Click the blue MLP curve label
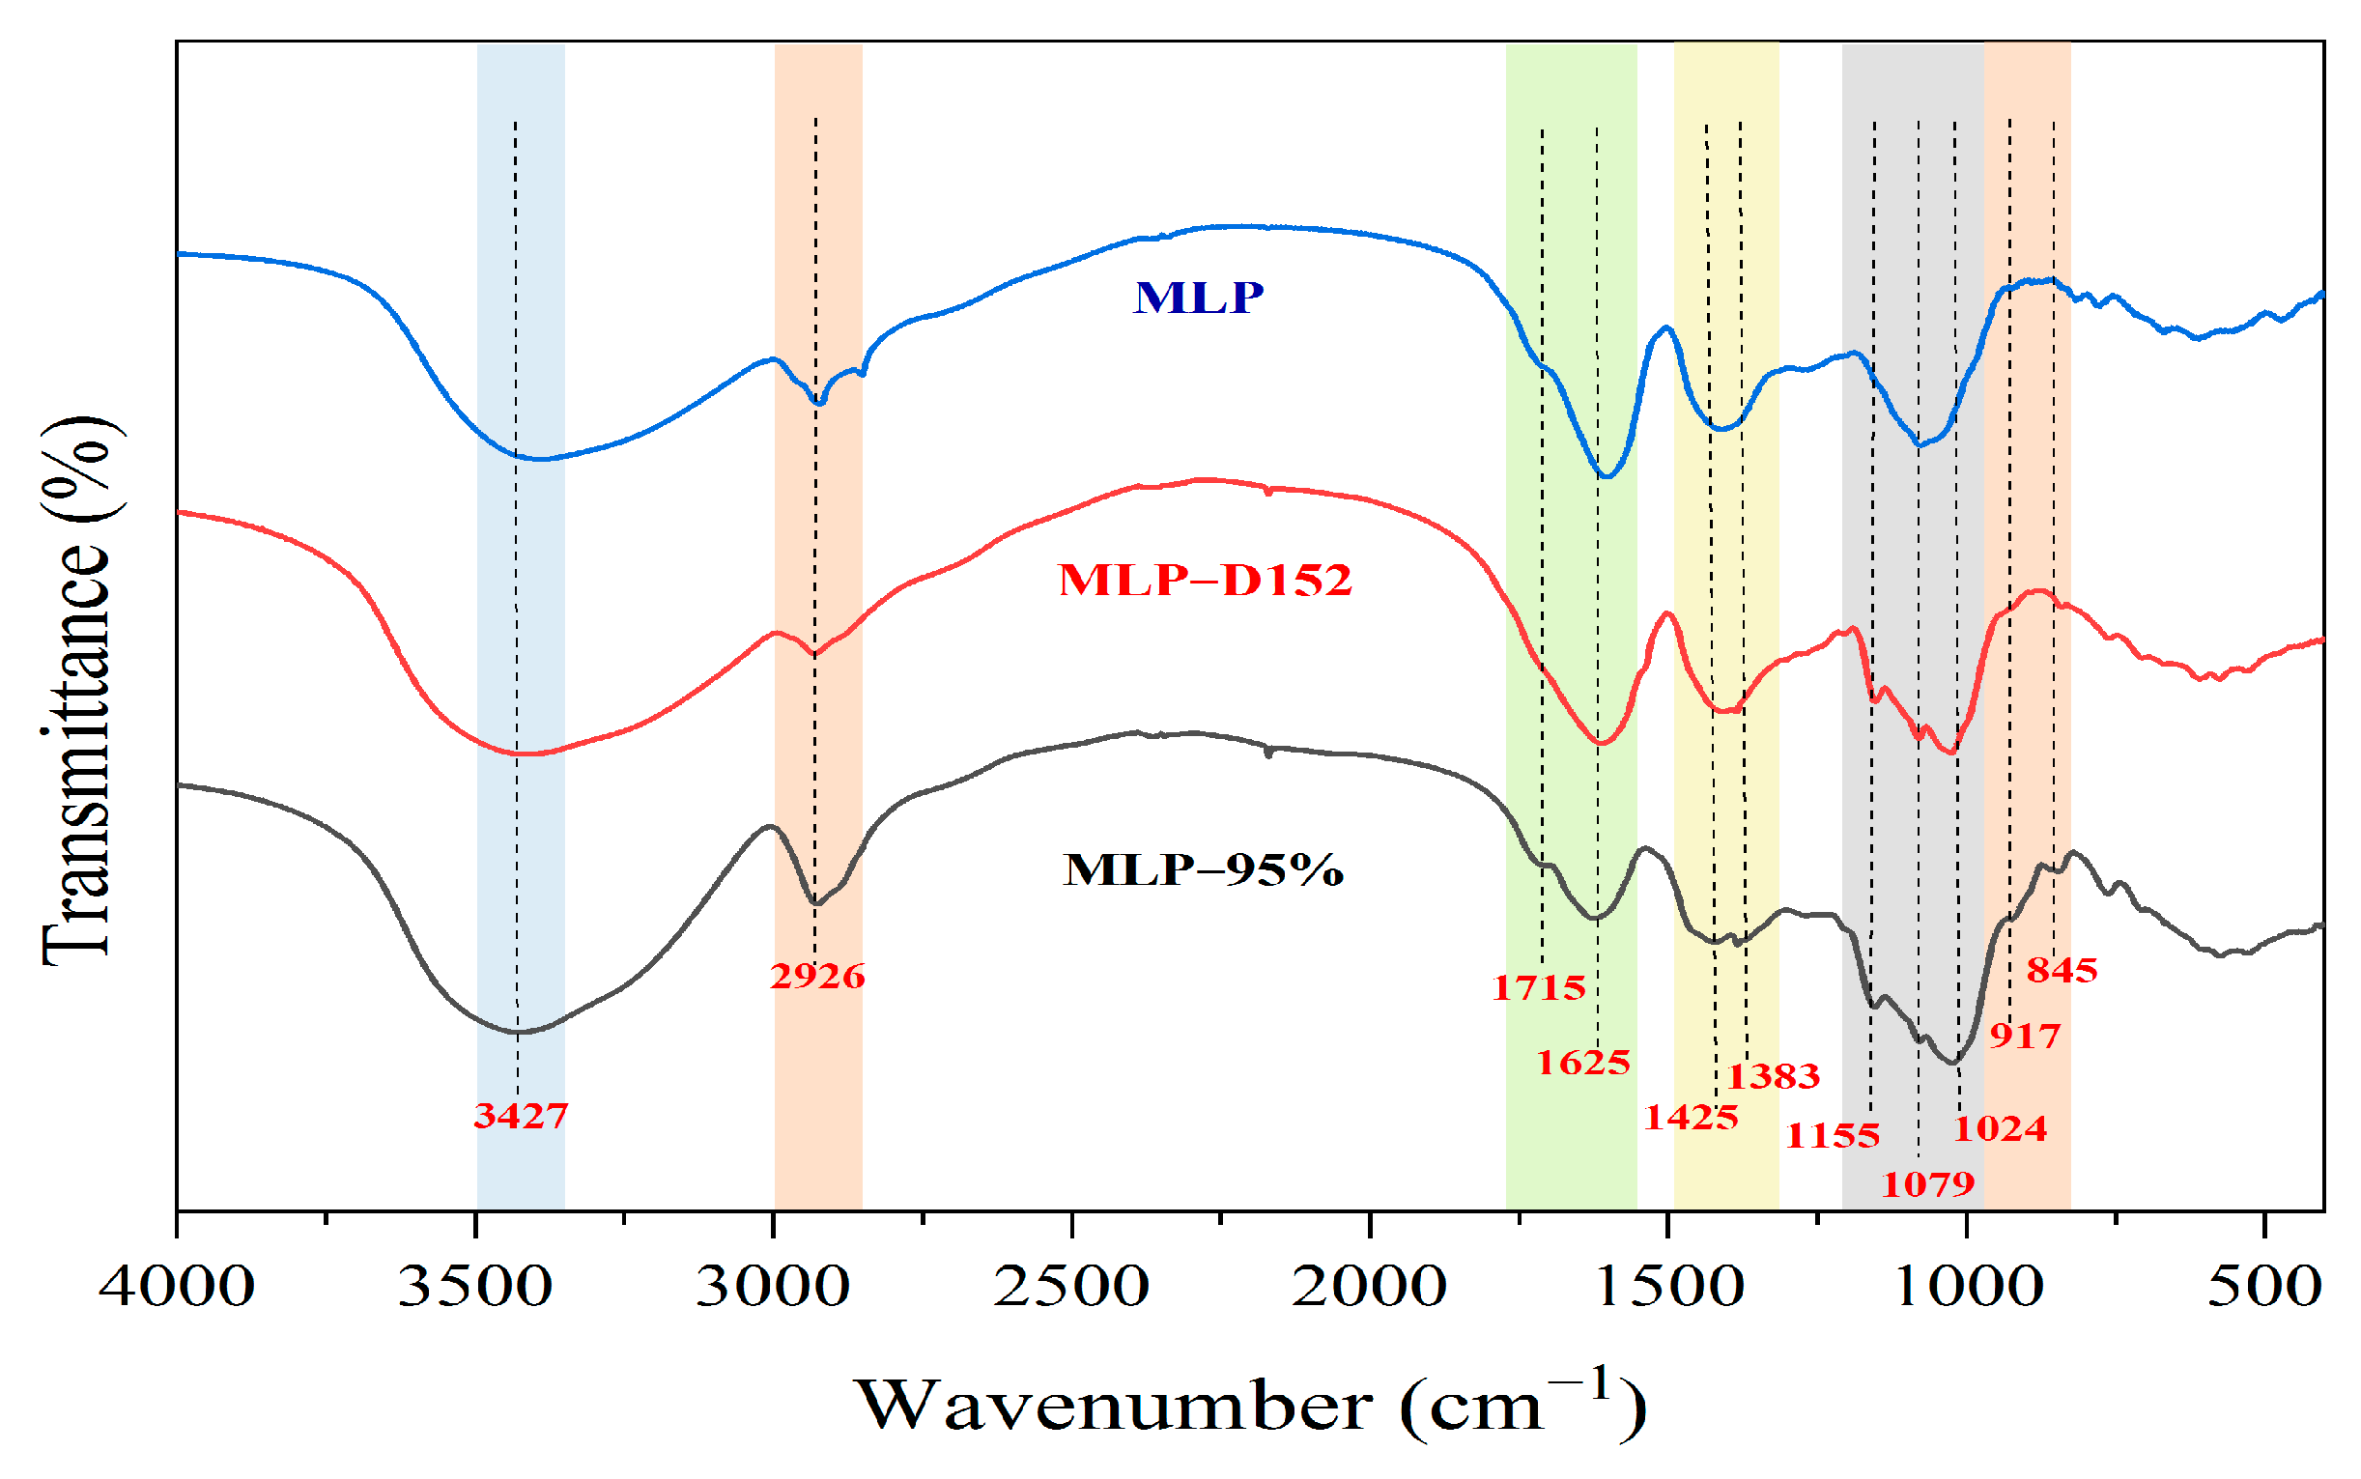point(1198,298)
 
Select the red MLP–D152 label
point(1205,580)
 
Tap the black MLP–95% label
point(1203,869)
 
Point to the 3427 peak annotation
point(522,1115)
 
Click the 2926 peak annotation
point(817,977)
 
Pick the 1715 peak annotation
point(1539,988)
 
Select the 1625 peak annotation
point(1583,1063)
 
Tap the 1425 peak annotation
point(1691,1117)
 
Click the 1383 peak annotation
point(1774,1077)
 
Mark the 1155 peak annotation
point(1833,1136)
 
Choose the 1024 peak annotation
point(2000,1129)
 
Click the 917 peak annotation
point(2026,1036)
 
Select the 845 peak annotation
point(2062,970)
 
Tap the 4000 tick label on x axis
point(177,1287)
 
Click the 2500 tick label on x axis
point(1071,1287)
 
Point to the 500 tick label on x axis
point(2264,1287)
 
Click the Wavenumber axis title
point(1250,1407)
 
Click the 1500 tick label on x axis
point(1668,1287)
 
